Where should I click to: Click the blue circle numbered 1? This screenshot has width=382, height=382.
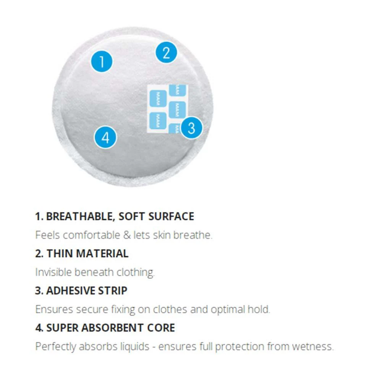pyautogui.click(x=102, y=62)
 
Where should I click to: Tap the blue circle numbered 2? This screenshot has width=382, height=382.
pyautogui.click(x=167, y=53)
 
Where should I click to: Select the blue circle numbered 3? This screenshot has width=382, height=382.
pyautogui.click(x=191, y=128)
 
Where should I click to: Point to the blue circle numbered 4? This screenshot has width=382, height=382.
pyautogui.click(x=105, y=138)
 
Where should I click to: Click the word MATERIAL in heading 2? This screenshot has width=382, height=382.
pyautogui.click(x=102, y=253)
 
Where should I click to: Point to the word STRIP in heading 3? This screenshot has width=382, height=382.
pyautogui.click(x=113, y=291)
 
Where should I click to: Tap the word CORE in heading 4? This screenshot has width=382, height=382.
pyautogui.click(x=161, y=328)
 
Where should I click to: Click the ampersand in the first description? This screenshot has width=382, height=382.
pyautogui.click(x=127, y=235)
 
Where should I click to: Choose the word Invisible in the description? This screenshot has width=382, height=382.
pyautogui.click(x=53, y=272)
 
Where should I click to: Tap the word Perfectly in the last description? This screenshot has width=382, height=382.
pyautogui.click(x=55, y=347)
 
